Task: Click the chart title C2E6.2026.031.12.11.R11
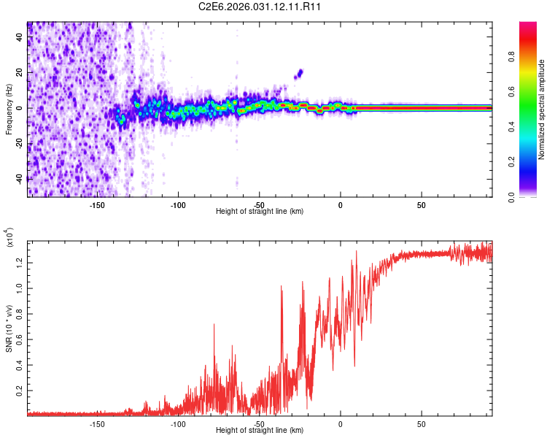260,7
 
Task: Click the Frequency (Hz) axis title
9,109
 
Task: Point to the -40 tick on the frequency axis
20,179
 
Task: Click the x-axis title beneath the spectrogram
260,212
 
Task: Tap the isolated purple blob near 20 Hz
298,73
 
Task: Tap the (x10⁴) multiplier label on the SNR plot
10,238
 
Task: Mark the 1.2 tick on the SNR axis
20,261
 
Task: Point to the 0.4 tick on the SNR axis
20,364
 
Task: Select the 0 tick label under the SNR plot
341,423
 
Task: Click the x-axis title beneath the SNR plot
260,431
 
